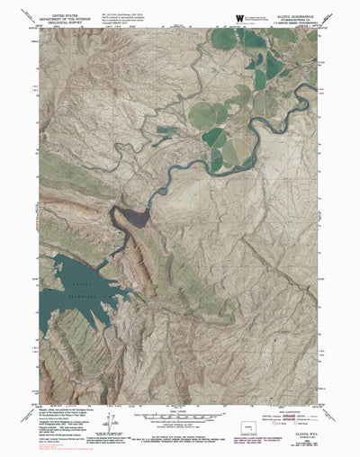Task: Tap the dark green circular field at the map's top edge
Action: tap(224, 37)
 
